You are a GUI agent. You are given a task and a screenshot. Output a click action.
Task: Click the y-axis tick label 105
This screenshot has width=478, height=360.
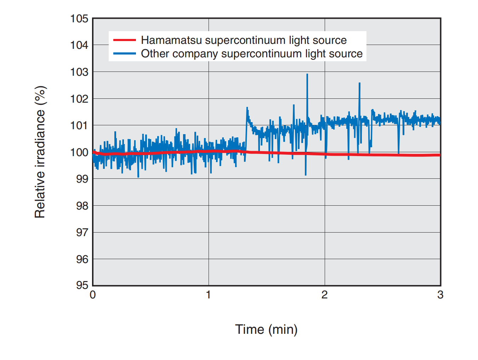(79, 18)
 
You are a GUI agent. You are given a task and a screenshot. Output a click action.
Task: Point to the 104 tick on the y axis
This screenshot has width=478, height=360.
(79, 45)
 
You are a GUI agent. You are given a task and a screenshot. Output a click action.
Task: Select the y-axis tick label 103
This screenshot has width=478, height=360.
(79, 72)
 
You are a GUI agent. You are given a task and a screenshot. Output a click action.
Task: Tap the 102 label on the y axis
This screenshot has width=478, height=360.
(79, 98)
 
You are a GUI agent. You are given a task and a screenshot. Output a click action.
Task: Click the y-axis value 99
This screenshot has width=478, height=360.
(82, 179)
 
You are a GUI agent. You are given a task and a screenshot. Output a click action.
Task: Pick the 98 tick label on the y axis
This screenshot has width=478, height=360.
(82, 206)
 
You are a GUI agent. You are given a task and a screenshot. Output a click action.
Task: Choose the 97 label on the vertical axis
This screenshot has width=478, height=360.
(82, 232)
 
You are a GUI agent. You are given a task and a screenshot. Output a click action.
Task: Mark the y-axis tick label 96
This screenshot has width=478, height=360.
(82, 259)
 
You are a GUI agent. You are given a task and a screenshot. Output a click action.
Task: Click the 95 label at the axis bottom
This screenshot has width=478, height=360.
(82, 285)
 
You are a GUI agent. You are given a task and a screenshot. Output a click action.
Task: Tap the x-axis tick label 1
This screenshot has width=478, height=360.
(209, 295)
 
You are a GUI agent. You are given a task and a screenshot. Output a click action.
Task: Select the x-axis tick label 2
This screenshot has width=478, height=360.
(324, 295)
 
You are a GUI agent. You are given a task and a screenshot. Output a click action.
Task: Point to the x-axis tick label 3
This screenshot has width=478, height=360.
(440, 295)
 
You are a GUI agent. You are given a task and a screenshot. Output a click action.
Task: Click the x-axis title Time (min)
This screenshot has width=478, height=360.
(266, 329)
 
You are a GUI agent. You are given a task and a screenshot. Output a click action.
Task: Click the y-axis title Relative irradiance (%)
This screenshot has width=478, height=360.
(40, 152)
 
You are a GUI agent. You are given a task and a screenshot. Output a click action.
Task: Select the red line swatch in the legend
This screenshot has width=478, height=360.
(124, 40)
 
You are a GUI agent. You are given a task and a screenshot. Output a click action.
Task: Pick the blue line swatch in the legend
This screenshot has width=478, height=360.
(124, 53)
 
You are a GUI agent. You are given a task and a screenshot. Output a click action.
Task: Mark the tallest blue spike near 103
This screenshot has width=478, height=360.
(307, 75)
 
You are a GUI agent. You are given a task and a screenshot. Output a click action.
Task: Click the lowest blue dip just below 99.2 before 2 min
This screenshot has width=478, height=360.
(306, 175)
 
